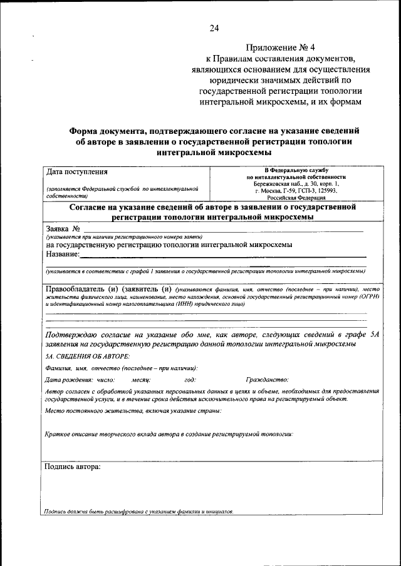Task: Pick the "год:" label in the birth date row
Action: (x=190, y=380)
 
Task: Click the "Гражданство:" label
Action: (x=267, y=380)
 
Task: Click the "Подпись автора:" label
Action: (x=73, y=467)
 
